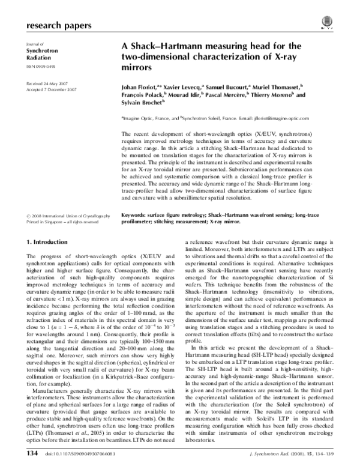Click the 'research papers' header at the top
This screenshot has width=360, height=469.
[59, 26]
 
